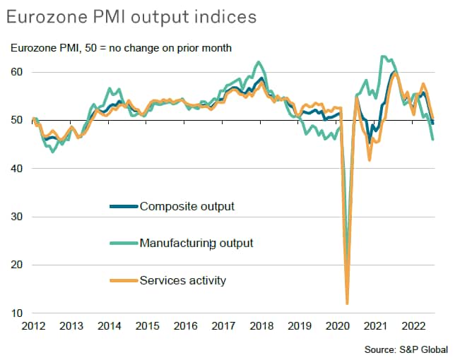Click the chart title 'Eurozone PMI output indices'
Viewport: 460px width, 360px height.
[x=132, y=15]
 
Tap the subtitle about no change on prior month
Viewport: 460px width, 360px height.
[x=122, y=48]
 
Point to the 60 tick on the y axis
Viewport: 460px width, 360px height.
[x=17, y=72]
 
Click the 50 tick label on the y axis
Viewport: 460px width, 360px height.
[x=17, y=121]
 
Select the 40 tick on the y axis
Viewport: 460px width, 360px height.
[x=17, y=169]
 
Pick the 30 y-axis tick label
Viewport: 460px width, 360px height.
[x=17, y=217]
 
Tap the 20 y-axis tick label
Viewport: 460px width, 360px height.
[x=17, y=265]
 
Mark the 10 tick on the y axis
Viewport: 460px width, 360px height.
[x=17, y=313]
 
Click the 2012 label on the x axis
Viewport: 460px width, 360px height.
[x=33, y=327]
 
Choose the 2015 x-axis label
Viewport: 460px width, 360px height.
[x=147, y=327]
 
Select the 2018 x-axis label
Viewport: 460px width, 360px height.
[x=261, y=327]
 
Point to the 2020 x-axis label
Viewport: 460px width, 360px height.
[x=336, y=327]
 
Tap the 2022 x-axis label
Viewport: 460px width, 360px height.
[x=412, y=327]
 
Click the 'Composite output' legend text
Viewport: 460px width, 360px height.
[x=187, y=206]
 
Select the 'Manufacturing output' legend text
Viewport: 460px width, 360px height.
[x=196, y=244]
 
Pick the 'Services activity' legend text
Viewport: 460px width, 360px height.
[x=183, y=281]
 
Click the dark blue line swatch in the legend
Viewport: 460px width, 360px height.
[x=123, y=207]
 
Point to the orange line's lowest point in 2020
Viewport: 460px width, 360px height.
[x=347, y=303]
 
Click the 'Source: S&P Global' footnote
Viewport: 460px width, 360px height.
[x=406, y=349]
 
